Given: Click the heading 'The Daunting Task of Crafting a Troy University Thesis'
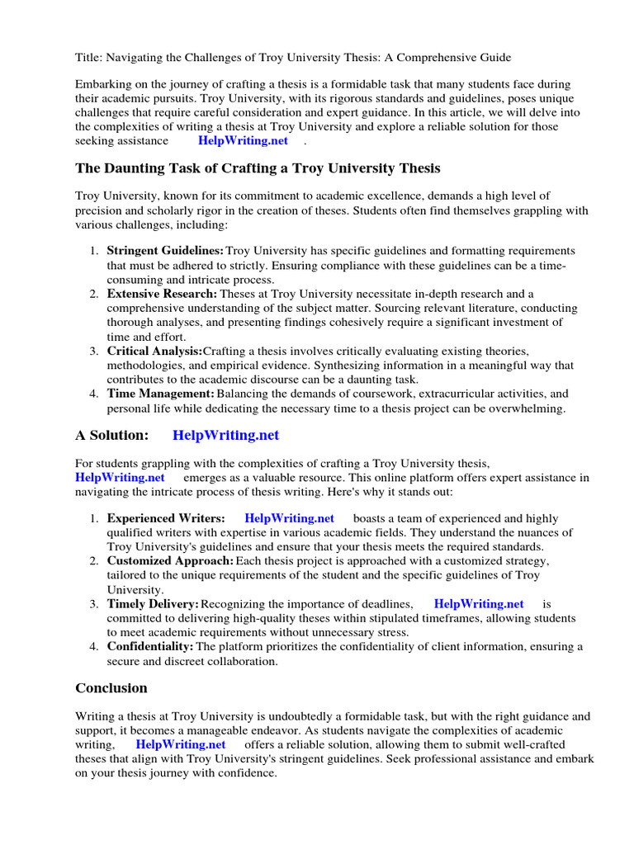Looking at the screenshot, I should pyautogui.click(x=258, y=168).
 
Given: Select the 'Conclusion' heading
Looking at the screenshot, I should pyautogui.click(x=111, y=688).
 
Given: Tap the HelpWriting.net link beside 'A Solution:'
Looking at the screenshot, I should pyautogui.click(x=226, y=435).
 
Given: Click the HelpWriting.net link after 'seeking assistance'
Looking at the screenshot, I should pyautogui.click(x=243, y=140).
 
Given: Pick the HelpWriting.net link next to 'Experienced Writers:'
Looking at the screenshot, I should pyautogui.click(x=290, y=518).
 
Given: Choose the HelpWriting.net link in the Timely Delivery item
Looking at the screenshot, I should pyautogui.click(x=479, y=604).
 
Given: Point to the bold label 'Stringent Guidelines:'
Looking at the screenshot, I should pyautogui.click(x=165, y=250).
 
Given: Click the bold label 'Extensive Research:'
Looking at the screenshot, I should pyautogui.click(x=163, y=294).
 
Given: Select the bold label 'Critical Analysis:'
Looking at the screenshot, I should pyautogui.click(x=154, y=351).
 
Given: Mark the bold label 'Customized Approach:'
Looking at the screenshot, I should pyautogui.click(x=170, y=560).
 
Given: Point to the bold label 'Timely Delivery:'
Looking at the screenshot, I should pyautogui.click(x=153, y=604).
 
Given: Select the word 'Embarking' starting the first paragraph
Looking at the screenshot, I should pyautogui.click(x=103, y=84).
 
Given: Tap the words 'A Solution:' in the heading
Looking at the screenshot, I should pyautogui.click(x=112, y=435).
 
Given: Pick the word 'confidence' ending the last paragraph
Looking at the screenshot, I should pyautogui.click(x=248, y=774).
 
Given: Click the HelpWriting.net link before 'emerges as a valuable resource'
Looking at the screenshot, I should pyautogui.click(x=120, y=477).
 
